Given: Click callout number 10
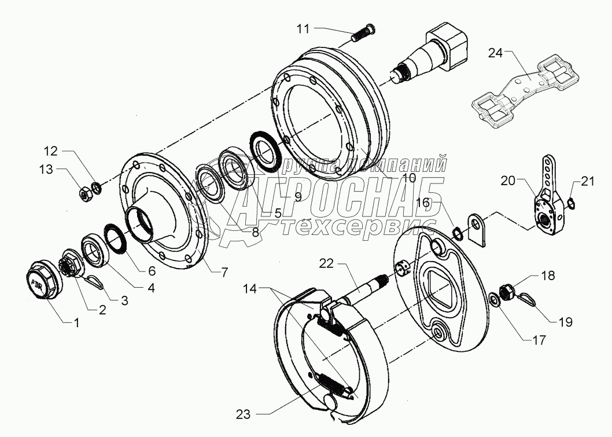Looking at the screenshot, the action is pyautogui.click(x=409, y=178).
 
